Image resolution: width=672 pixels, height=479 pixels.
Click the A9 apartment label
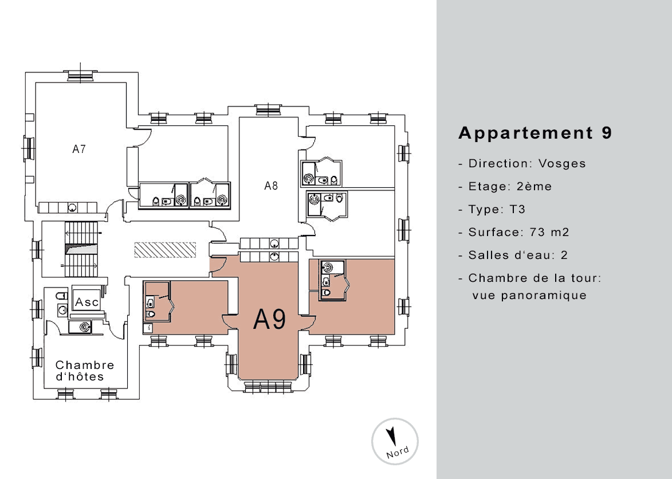point(270,319)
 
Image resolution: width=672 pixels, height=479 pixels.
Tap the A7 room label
point(79,149)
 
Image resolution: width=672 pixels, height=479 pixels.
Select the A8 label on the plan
point(271,186)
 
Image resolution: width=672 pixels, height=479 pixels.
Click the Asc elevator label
point(87,302)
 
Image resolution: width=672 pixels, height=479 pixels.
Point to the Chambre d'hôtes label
point(85,371)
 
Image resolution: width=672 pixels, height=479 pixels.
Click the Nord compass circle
point(395,442)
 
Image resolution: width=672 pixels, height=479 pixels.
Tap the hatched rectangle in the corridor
point(165,250)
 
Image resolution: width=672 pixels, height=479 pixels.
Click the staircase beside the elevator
point(81,249)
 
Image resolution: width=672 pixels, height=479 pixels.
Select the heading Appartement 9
point(535,133)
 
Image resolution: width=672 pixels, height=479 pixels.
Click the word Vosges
point(562,164)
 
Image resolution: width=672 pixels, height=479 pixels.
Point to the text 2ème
point(534,186)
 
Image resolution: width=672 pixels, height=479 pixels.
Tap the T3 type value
point(517,210)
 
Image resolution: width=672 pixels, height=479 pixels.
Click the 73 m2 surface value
point(549,232)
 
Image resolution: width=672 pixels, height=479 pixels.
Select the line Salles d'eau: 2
point(513,256)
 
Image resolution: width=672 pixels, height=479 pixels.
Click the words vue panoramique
point(530,295)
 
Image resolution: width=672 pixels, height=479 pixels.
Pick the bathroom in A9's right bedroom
point(335,280)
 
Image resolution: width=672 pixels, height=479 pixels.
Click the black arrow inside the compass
point(391,437)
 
